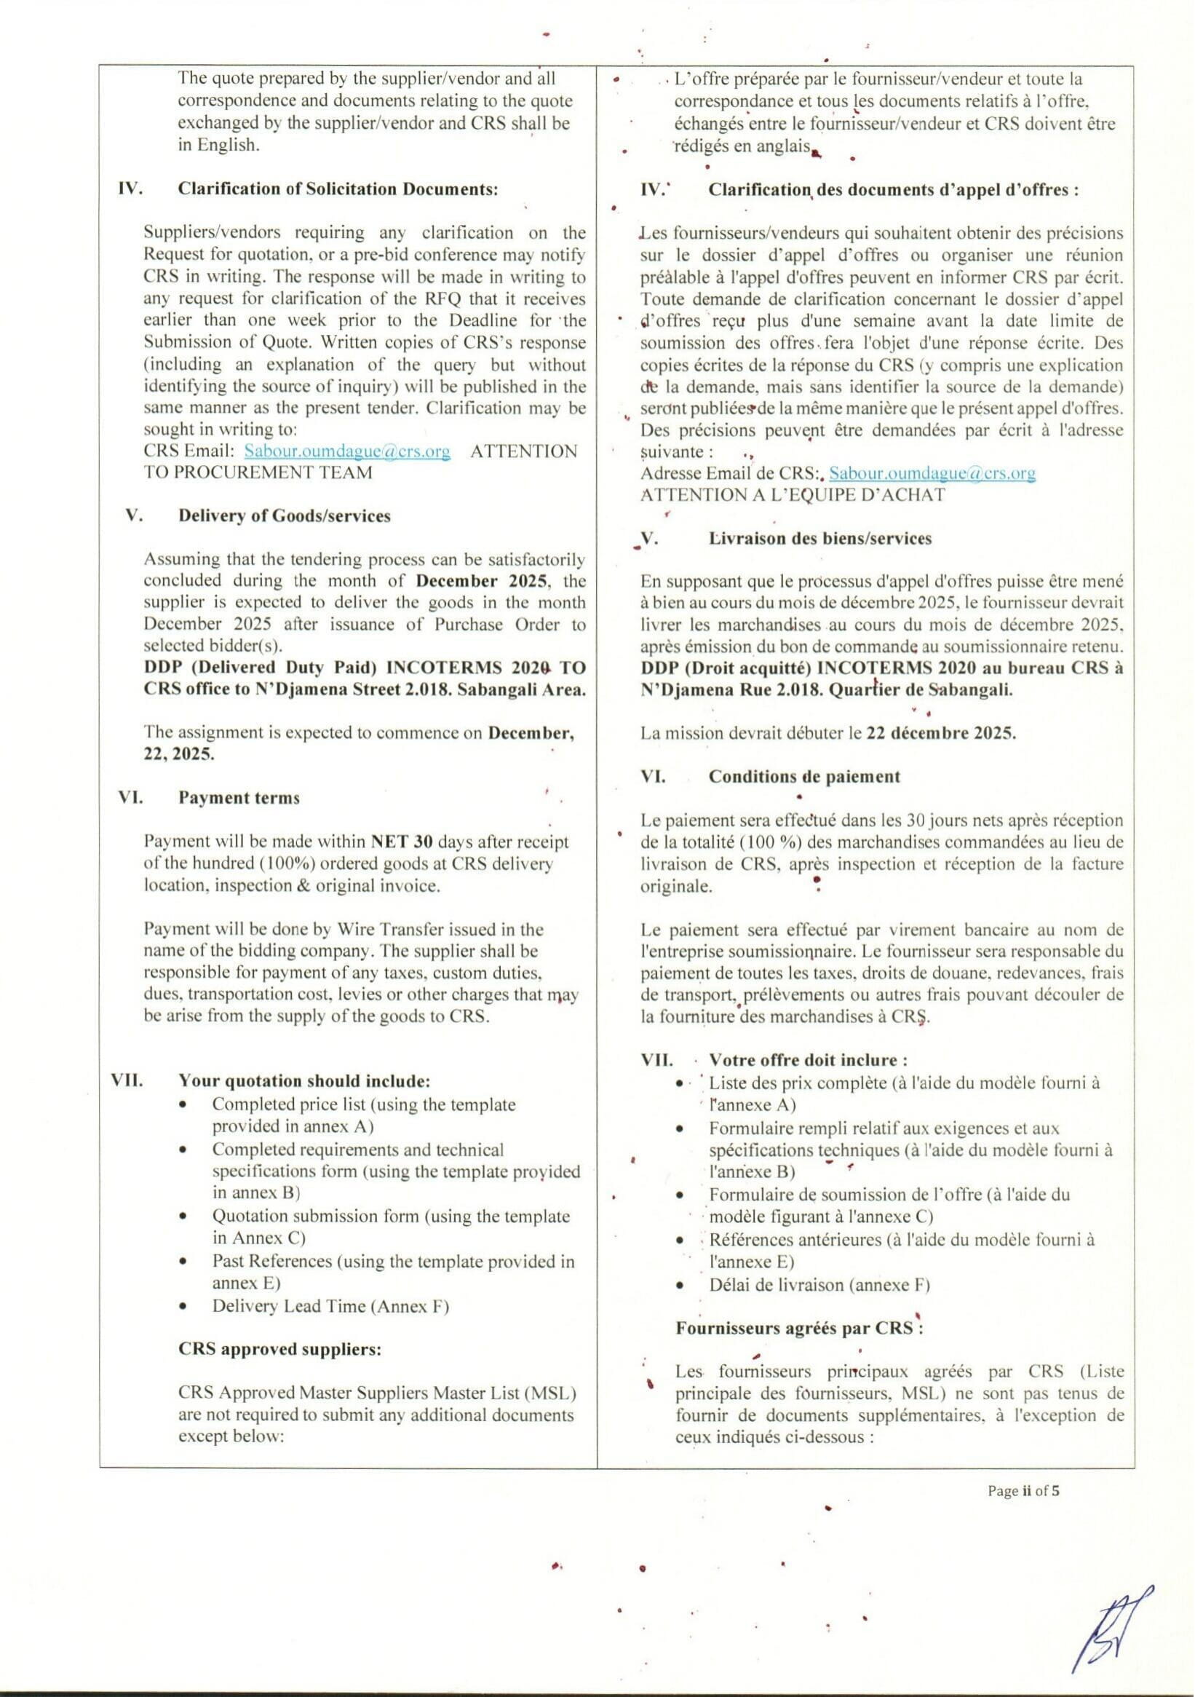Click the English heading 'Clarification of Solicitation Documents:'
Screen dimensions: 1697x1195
tap(338, 189)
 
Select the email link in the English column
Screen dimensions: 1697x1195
tap(346, 451)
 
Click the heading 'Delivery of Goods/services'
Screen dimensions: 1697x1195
tap(284, 516)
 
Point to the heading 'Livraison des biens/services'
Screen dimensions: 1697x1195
tap(819, 538)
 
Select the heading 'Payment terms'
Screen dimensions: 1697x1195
tap(239, 797)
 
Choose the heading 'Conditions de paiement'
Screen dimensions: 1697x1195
tap(804, 776)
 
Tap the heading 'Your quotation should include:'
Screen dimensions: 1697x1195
tap(303, 1081)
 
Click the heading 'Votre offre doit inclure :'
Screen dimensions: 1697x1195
tap(808, 1060)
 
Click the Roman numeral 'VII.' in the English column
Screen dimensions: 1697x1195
tap(127, 1081)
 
